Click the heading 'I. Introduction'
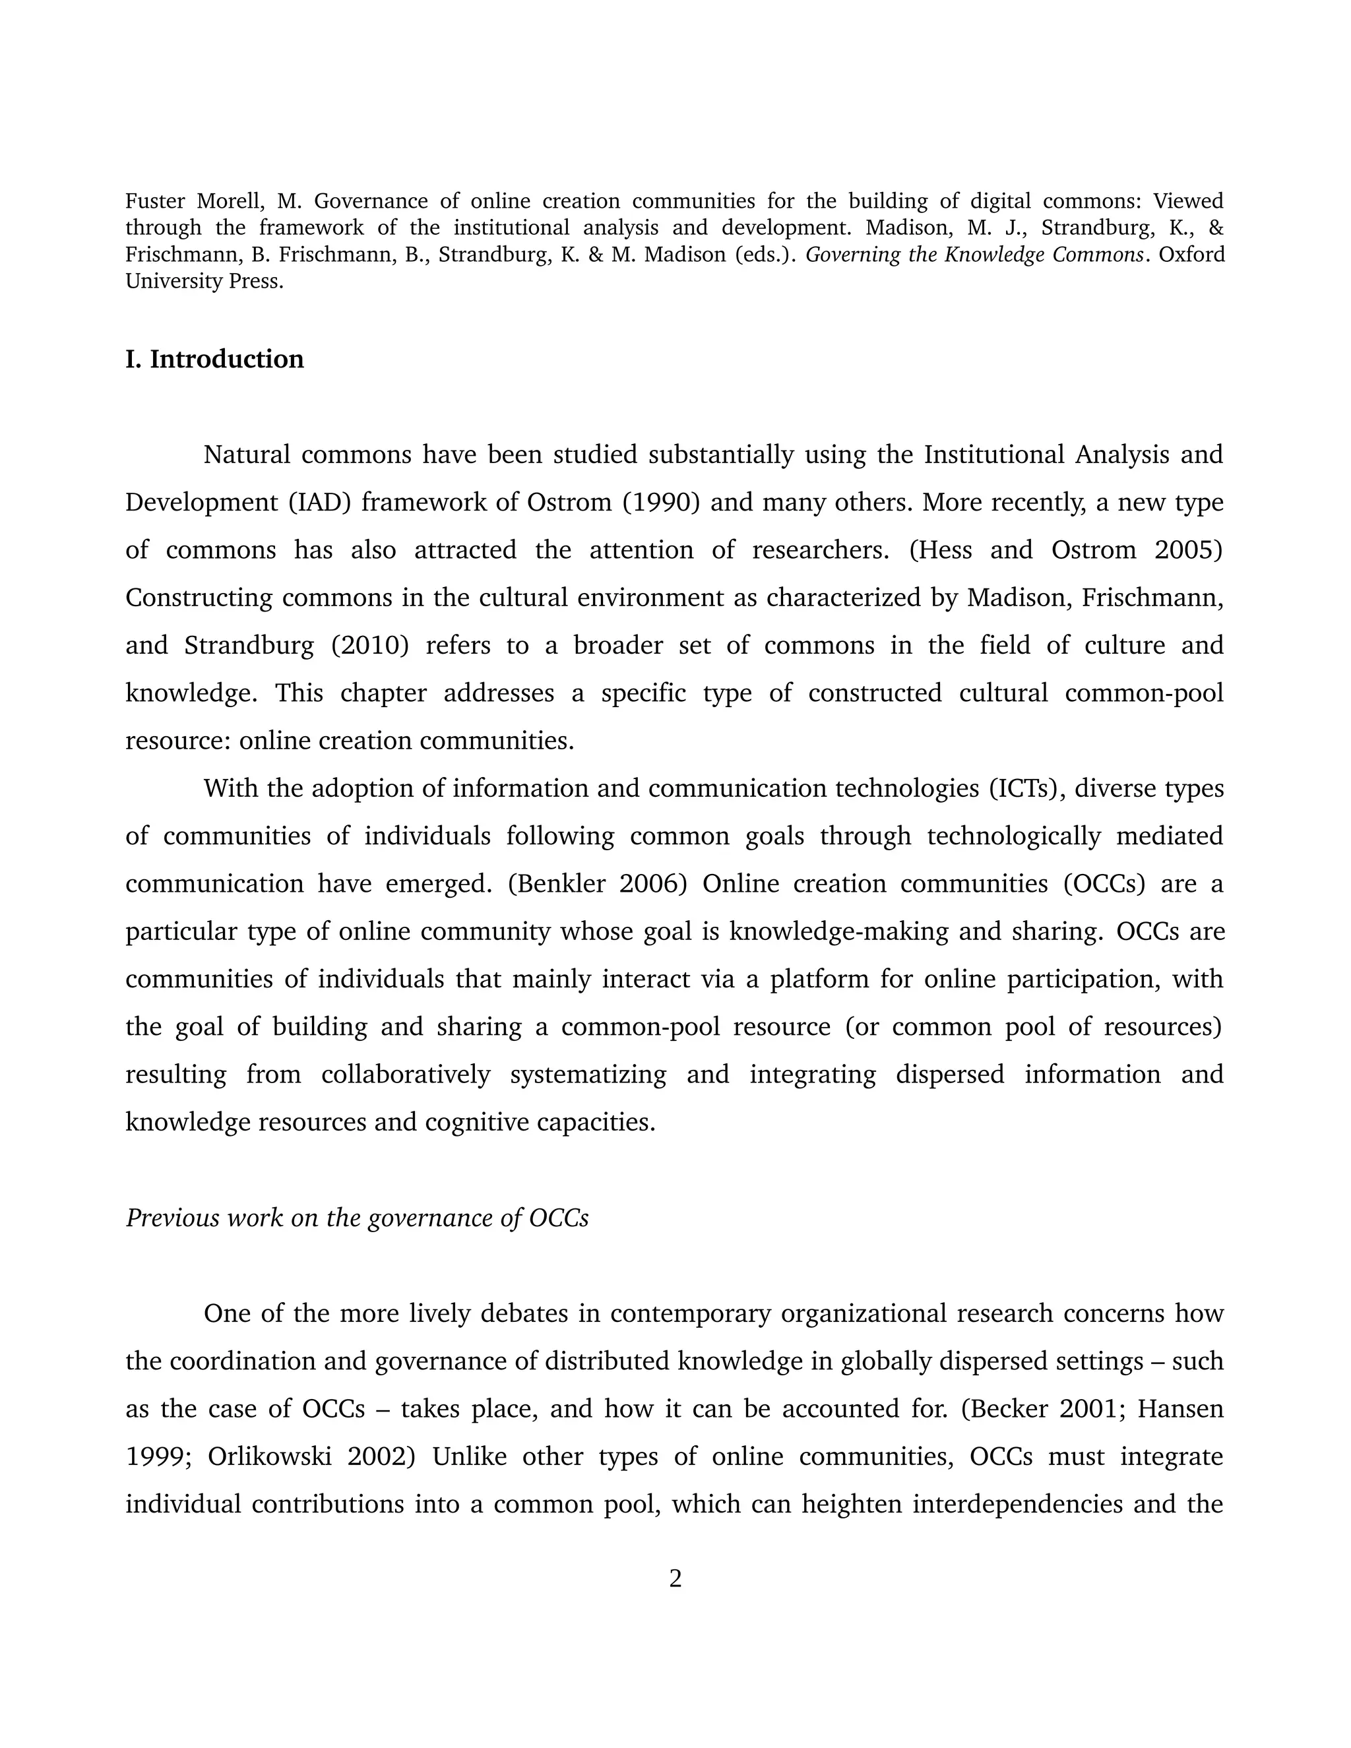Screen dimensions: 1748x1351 pyautogui.click(x=214, y=359)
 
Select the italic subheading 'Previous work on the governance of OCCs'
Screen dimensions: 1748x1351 pyautogui.click(x=357, y=1218)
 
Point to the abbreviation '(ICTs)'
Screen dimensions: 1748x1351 pyautogui.click(x=1024, y=788)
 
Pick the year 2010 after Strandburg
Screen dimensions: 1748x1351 pyautogui.click(x=370, y=645)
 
